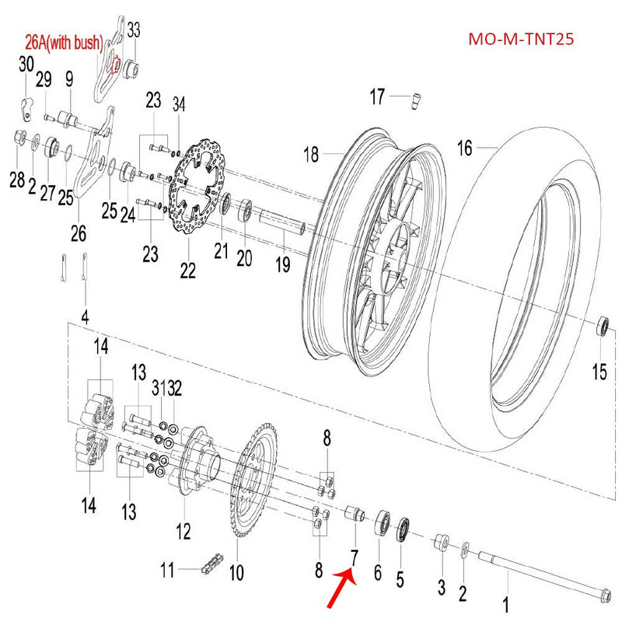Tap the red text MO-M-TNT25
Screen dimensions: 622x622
pos(521,39)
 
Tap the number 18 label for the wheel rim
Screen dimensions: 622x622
pos(311,155)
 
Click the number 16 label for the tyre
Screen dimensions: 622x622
pos(464,148)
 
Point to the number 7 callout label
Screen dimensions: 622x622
pos(354,557)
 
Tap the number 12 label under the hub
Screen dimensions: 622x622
pos(183,533)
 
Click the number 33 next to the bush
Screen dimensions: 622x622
pos(134,30)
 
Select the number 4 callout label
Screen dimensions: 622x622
pos(85,317)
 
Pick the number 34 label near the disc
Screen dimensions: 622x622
pos(179,104)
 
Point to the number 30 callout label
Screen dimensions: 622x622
pos(26,64)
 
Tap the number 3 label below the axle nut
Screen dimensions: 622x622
pos(440,586)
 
